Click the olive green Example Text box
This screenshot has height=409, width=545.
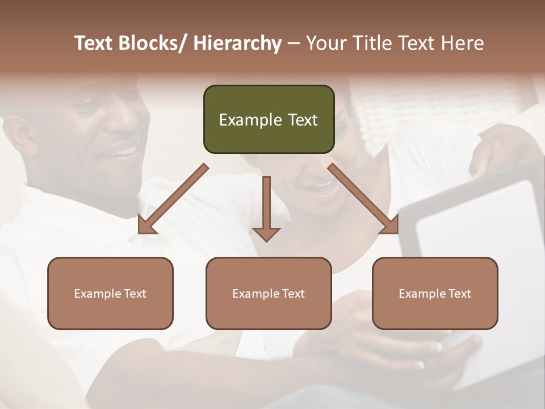(269, 119)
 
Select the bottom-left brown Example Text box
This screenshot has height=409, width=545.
(110, 293)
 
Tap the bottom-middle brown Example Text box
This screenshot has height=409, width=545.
(269, 293)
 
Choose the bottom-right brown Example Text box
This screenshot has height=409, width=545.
(435, 293)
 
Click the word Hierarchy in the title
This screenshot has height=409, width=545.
(237, 44)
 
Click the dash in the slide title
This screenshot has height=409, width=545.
(293, 44)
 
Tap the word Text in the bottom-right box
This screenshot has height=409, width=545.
(459, 294)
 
